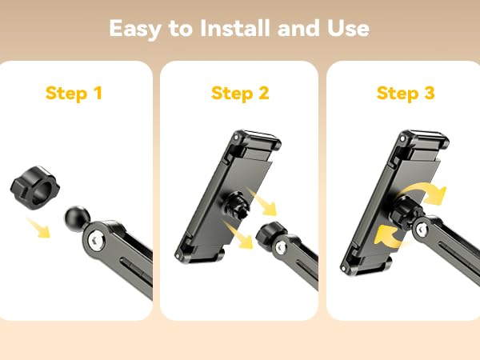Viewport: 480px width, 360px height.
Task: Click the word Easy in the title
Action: point(136,29)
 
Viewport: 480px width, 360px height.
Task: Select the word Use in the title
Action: point(347,29)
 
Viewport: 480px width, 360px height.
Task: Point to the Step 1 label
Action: point(74,94)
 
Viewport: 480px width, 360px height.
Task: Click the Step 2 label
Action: point(239,94)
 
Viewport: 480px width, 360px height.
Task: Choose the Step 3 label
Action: point(406,94)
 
